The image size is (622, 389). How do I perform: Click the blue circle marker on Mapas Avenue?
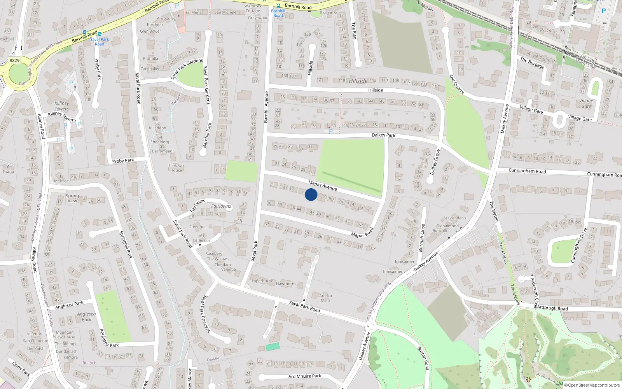[311, 194]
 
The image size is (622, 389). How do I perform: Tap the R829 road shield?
[14, 61]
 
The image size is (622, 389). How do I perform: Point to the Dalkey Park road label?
[383, 135]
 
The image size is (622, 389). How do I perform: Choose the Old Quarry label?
[457, 84]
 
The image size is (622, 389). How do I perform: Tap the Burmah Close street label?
[422, 238]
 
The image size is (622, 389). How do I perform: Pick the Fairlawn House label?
[176, 168]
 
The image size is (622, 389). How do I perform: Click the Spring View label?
[72, 198]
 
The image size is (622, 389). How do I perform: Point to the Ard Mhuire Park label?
[305, 376]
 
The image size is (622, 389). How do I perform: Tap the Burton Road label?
[424, 358]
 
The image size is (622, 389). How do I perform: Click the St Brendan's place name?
[454, 218]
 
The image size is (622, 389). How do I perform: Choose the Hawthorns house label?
[286, 284]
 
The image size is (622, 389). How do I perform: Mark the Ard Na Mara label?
[325, 298]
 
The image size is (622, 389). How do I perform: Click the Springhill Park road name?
[126, 244]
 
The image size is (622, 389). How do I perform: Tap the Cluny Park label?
[21, 368]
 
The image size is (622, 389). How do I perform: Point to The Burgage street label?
[532, 63]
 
